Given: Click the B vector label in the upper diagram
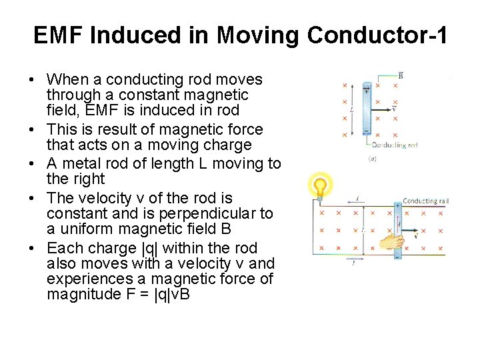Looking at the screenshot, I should [x=399, y=75].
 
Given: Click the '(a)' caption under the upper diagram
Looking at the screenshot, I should [x=372, y=159].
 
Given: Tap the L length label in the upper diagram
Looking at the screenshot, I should [x=351, y=109].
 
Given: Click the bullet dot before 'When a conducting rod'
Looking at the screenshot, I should [x=31, y=80].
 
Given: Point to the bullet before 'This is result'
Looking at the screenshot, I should [x=31, y=130].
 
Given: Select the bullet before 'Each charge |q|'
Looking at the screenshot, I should [x=31, y=249].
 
